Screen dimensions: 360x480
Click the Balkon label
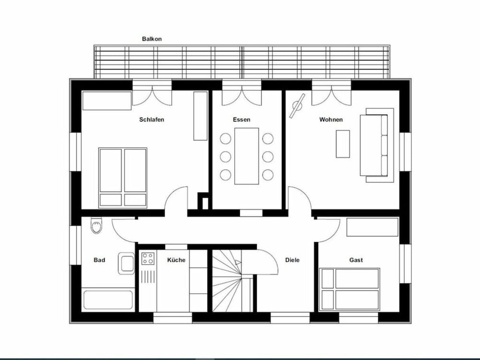(x=152, y=39)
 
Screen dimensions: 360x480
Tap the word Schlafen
(x=152, y=120)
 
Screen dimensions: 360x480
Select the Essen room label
(x=241, y=120)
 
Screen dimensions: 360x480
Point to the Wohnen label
(x=331, y=120)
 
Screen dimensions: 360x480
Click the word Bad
(x=99, y=260)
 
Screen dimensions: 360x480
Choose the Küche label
(x=176, y=260)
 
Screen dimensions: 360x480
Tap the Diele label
(x=292, y=260)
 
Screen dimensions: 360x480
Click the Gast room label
(x=356, y=260)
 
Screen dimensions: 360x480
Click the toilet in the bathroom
(x=96, y=226)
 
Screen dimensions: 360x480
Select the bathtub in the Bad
(x=108, y=300)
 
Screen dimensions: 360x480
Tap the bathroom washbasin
(x=127, y=264)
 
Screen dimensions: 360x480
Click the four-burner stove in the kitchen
(x=148, y=259)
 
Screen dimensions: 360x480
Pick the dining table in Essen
(x=246, y=156)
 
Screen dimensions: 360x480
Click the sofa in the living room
(x=376, y=145)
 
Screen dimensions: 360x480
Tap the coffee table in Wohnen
(x=343, y=144)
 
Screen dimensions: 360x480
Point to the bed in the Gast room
(x=350, y=289)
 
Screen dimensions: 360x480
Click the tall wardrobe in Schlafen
(x=200, y=116)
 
